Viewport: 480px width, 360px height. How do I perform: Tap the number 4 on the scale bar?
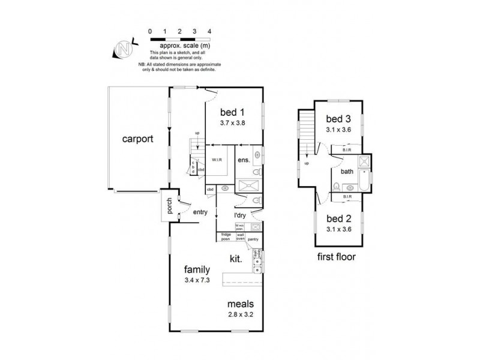[x=209, y=31]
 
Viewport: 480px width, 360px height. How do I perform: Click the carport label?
[x=138, y=139]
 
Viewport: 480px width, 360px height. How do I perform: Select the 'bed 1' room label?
[x=233, y=112]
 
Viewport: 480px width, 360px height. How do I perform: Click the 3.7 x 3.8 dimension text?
[x=233, y=123]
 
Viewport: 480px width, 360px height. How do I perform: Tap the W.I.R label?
[x=217, y=160]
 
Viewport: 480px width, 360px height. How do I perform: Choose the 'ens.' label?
[x=243, y=160]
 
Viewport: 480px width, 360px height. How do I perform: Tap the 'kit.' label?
[x=236, y=259]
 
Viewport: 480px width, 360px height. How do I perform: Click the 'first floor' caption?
[x=337, y=257]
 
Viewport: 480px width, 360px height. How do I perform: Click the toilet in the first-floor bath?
[x=337, y=185]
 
